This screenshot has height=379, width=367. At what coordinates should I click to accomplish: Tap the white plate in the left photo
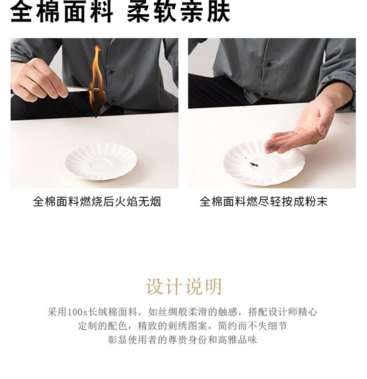pyautogui.click(x=101, y=162)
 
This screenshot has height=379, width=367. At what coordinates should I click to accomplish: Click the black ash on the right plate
pyautogui.click(x=253, y=165)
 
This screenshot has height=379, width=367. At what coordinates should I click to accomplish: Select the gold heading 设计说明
pyautogui.click(x=183, y=286)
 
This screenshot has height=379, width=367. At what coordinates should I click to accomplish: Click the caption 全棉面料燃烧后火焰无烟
pyautogui.click(x=97, y=202)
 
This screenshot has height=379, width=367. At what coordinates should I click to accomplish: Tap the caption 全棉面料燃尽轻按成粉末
pyautogui.click(x=263, y=202)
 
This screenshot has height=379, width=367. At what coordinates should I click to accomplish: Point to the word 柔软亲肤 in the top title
pyautogui.click(x=178, y=12)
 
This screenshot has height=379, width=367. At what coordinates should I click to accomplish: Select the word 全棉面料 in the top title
pyautogui.click(x=61, y=12)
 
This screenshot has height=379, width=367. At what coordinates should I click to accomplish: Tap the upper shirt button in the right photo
pyautogui.click(x=269, y=65)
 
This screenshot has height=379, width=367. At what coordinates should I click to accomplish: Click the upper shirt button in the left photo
pyautogui.click(x=111, y=72)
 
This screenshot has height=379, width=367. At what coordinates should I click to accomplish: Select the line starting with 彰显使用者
pyautogui.click(x=183, y=340)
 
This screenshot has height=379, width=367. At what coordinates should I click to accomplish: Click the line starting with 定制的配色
pyautogui.click(x=183, y=326)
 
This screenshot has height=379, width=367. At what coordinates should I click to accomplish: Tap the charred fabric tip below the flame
pyautogui.click(x=98, y=114)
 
